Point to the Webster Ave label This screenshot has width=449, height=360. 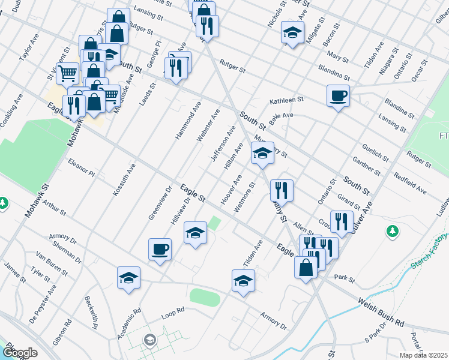(x=208, y=125)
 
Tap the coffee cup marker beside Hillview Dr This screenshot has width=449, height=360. (x=160, y=249)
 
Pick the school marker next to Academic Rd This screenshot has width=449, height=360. (x=128, y=277)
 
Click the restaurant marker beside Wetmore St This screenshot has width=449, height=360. (x=282, y=190)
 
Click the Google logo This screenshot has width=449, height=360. (x=20, y=353)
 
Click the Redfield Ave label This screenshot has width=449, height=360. (x=410, y=184)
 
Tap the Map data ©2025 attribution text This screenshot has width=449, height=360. (x=423, y=355)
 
